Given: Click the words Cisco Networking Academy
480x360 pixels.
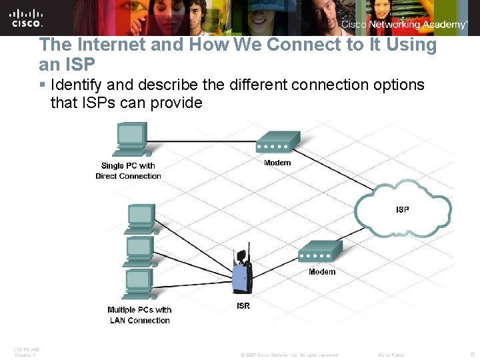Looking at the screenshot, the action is coord(404,25).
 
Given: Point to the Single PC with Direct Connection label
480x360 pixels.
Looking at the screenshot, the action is coord(128,171).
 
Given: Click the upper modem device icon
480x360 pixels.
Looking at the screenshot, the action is coord(278,143).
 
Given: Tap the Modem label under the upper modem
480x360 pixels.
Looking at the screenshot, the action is coord(277,163).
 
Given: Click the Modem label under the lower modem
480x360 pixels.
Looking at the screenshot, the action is coord(322,272).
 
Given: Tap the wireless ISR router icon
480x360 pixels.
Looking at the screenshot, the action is coord(242,273).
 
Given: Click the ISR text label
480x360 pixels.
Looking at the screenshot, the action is coord(243,306).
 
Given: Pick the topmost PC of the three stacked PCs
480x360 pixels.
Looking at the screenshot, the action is coord(141,217).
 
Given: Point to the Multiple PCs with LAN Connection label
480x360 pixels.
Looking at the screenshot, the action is coord(139,315).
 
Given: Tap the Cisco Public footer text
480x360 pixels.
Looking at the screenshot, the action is coord(391,355).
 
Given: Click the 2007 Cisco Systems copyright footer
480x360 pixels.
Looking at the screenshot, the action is coord(290,355).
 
